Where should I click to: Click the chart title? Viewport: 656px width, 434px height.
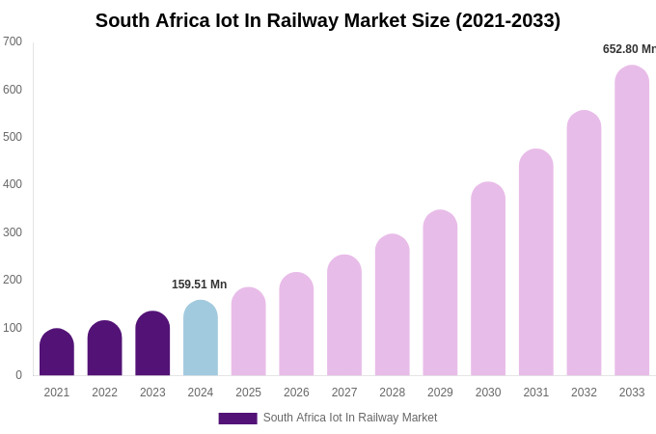(327, 20)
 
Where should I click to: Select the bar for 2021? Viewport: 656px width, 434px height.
(57, 353)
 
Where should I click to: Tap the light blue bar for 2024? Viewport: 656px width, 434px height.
(201, 339)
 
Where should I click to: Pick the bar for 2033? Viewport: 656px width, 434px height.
(632, 221)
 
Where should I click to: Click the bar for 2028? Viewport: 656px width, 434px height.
(393, 306)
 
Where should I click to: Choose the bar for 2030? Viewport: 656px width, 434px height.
(488, 280)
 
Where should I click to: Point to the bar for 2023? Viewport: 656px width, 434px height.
(152, 344)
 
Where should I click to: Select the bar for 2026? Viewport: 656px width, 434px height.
(296, 325)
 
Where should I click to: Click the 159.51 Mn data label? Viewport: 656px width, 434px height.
(199, 285)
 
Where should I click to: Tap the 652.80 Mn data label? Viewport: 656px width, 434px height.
(628, 49)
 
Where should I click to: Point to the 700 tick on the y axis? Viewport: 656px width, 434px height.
(13, 41)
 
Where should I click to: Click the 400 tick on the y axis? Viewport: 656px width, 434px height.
(13, 184)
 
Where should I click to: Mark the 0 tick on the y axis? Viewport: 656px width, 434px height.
(18, 375)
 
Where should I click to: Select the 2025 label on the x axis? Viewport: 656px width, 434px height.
(248, 393)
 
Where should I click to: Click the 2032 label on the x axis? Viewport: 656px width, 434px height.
(584, 393)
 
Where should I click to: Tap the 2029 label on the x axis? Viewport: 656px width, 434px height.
(440, 393)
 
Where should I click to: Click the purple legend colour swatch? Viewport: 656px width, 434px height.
(237, 419)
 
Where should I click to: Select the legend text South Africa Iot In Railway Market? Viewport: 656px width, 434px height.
(350, 418)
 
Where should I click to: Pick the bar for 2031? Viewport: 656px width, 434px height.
(536, 263)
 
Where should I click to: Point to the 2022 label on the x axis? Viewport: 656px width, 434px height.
(104, 393)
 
